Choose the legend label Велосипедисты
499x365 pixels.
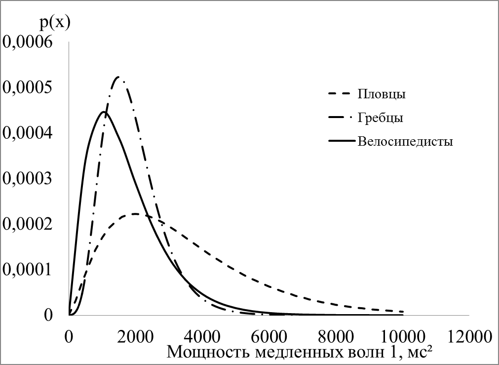(x=405, y=142)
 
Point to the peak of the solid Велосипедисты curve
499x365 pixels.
(x=104, y=112)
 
